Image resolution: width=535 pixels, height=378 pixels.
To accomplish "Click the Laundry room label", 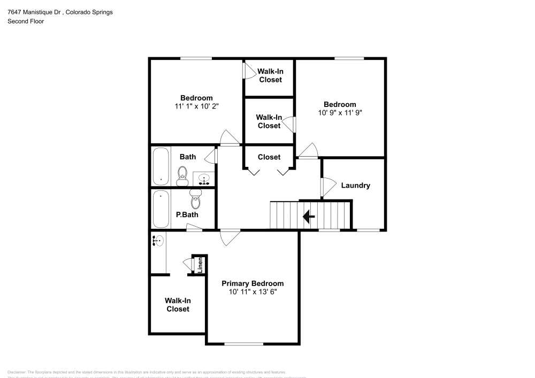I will [x=355, y=186].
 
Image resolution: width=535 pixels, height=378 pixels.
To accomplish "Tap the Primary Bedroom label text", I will [x=253, y=283].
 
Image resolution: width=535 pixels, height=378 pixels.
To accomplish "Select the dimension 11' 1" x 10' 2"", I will [x=196, y=106].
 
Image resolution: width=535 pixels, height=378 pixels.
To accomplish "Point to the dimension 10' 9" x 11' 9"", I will [x=339, y=113].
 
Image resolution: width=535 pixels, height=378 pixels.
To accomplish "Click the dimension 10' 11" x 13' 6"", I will [x=253, y=292].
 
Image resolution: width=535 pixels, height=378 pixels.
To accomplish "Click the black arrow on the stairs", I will [x=308, y=217].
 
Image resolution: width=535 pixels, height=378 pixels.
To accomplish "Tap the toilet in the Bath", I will [x=182, y=175].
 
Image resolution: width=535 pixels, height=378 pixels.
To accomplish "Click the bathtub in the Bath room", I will [x=160, y=166].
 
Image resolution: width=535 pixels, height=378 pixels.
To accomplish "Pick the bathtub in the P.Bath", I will [x=160, y=209].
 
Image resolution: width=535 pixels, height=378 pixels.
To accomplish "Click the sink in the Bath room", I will [x=203, y=179].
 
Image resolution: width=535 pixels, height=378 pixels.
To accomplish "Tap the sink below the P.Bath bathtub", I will [x=158, y=241].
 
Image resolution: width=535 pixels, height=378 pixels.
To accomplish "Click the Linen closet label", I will [x=200, y=264].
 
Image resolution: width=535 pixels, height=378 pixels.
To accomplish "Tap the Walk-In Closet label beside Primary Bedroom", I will [x=178, y=305].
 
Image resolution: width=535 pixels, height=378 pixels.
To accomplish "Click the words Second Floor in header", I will [x=25, y=21].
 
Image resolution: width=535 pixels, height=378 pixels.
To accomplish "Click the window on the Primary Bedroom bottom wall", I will [x=243, y=344].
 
